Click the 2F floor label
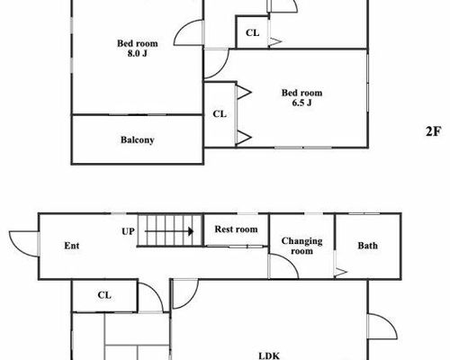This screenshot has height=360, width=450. point(434,131)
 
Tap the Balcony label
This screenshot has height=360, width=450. point(138,139)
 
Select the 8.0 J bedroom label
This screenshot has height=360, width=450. point(138,49)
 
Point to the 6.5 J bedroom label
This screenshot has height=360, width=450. point(301,97)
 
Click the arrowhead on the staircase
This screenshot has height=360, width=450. point(190,231)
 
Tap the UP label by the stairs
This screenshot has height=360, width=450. point(128,231)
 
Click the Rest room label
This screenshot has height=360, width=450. point(236,229)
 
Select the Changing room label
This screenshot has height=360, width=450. point(301,246)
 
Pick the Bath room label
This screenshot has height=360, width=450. point(367,246)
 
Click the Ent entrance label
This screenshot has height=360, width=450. point(72,246)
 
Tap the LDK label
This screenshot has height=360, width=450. point(269,355)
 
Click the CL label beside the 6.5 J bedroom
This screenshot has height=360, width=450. point(220,114)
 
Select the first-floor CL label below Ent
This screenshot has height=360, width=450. point(104,295)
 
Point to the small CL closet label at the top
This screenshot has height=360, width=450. point(252,32)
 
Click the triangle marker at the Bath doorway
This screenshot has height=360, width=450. point(341,272)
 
